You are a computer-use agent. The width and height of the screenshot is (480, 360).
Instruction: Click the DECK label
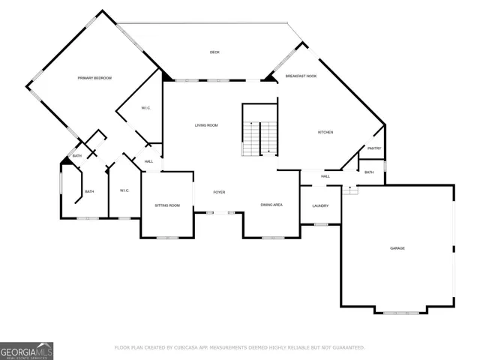(x=214, y=52)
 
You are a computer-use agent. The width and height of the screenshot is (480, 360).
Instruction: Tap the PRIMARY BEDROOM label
(x=94, y=78)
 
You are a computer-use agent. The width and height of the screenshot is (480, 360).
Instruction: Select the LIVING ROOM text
(x=206, y=125)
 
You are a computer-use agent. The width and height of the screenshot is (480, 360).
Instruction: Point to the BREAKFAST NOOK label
(x=300, y=76)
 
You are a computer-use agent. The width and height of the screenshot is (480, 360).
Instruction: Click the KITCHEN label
(x=325, y=133)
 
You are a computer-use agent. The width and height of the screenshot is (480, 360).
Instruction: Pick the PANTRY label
(x=374, y=148)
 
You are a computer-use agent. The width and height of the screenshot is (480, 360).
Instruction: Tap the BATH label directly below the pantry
(x=368, y=172)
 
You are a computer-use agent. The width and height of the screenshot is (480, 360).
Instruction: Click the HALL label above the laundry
(x=325, y=176)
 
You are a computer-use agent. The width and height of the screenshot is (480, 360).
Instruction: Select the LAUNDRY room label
(x=320, y=205)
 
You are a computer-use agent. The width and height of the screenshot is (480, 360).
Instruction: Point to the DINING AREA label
(x=271, y=205)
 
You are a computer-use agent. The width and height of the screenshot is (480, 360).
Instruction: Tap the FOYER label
(x=219, y=193)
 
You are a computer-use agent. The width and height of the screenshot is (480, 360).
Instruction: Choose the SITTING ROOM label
(x=167, y=205)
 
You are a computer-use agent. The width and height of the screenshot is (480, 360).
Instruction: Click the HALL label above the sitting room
(x=148, y=161)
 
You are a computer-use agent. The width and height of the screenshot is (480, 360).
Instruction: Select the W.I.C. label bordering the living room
(x=146, y=109)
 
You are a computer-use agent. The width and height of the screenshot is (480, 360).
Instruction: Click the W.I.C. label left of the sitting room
(x=124, y=190)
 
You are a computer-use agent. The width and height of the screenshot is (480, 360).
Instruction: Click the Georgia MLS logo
(x=26, y=350)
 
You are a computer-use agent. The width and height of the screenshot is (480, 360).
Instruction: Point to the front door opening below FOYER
(x=218, y=213)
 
